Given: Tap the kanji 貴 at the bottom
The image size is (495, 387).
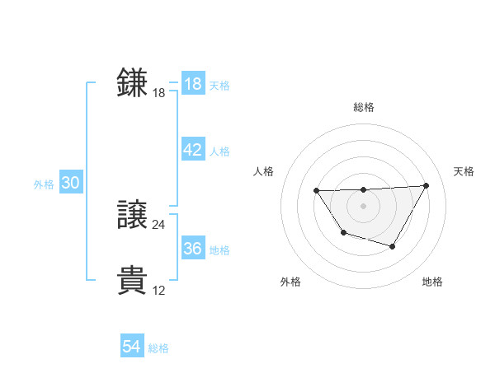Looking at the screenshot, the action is coord(132,281).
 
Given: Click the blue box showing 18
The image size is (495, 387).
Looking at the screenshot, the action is coord(192,83).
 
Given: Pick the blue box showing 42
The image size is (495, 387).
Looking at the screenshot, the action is coord(192,150).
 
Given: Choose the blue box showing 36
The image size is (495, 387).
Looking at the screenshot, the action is coord(192,249).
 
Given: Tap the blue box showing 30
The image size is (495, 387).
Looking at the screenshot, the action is coord(70,183).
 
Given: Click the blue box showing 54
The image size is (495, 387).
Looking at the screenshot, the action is coord(132,347).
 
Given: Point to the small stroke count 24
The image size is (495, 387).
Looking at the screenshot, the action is coord(159,225).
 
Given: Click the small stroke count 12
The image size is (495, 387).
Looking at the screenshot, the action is coord(159,291).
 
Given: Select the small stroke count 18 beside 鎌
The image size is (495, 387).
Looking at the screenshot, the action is coord(159,93).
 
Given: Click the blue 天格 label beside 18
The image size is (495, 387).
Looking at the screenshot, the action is coord(219,85).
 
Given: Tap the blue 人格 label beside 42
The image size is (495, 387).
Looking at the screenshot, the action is coord(219,152).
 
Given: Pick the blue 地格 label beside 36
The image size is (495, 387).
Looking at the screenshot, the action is coord(219,250).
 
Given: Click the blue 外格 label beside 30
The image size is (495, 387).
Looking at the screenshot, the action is coord(44,184).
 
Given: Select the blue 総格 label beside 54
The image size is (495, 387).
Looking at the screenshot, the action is coord(158,349).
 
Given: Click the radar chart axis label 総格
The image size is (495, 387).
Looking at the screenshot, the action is coord(363,107).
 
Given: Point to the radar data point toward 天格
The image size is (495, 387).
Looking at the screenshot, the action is coord(426,185).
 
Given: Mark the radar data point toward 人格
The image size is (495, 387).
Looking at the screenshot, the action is coord(317,191).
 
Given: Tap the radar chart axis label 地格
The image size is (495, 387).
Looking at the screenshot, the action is coord(432,282).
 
